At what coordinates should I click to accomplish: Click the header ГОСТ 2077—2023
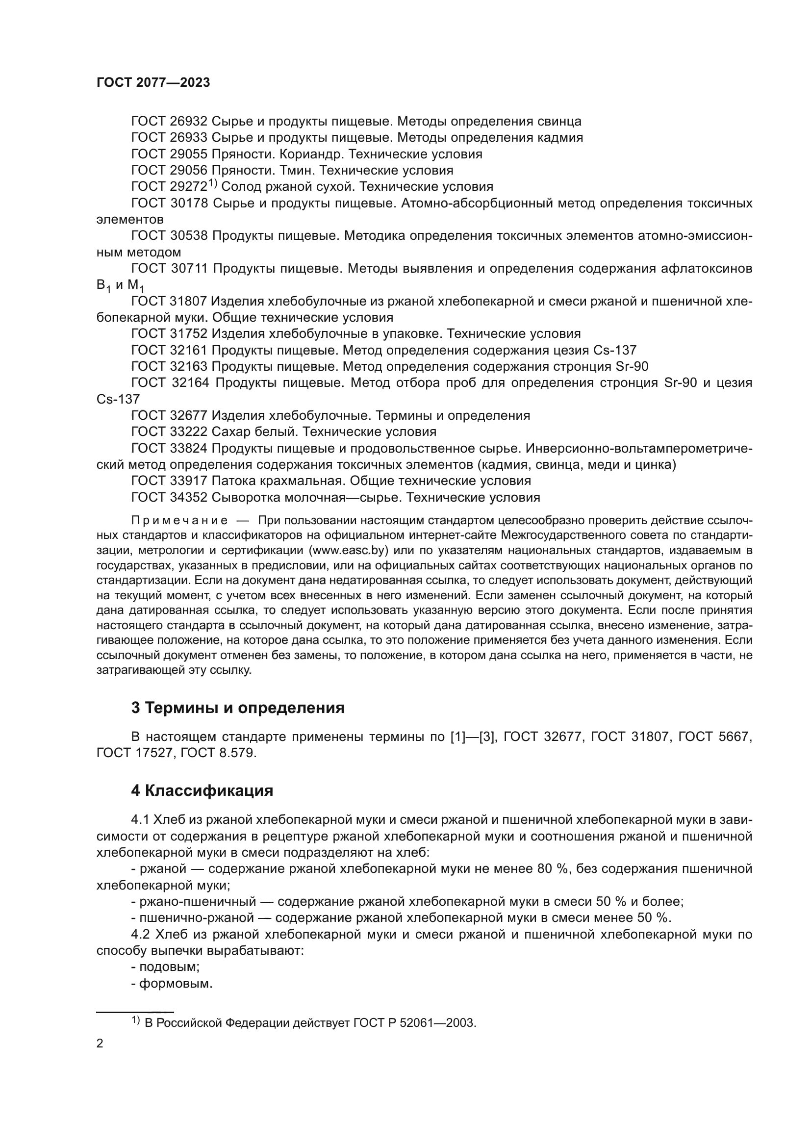[153, 83]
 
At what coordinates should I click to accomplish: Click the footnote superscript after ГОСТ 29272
[212, 183]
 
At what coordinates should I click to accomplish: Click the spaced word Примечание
[179, 521]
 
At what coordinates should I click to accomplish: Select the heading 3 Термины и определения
[238, 708]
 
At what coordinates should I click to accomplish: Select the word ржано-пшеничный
[198, 902]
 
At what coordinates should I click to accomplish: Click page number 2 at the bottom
[100, 1044]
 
